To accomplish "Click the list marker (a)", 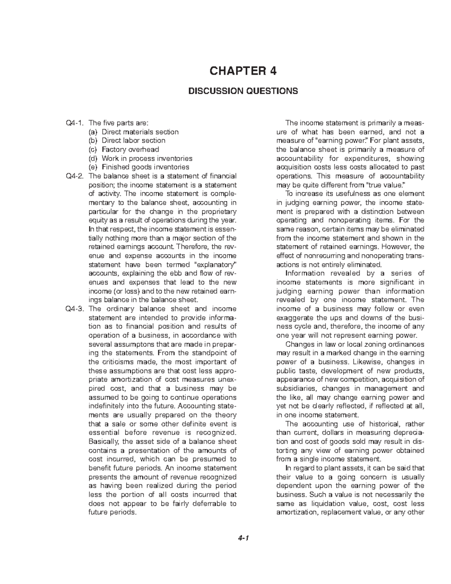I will [x=92, y=132].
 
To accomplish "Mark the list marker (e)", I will [x=92, y=167].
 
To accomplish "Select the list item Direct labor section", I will [x=133, y=141].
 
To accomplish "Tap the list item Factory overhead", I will [x=130, y=150].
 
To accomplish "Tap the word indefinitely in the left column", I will [x=107, y=406].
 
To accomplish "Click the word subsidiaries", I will [x=293, y=388].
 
